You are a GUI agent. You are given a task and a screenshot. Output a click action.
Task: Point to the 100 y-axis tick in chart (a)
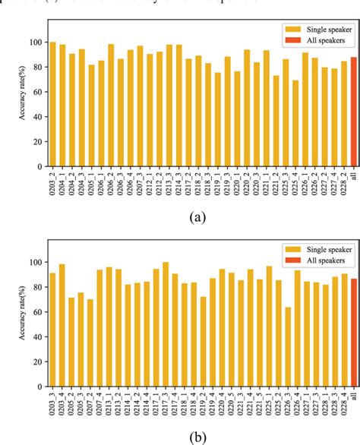pyautogui.click(x=37, y=43)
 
